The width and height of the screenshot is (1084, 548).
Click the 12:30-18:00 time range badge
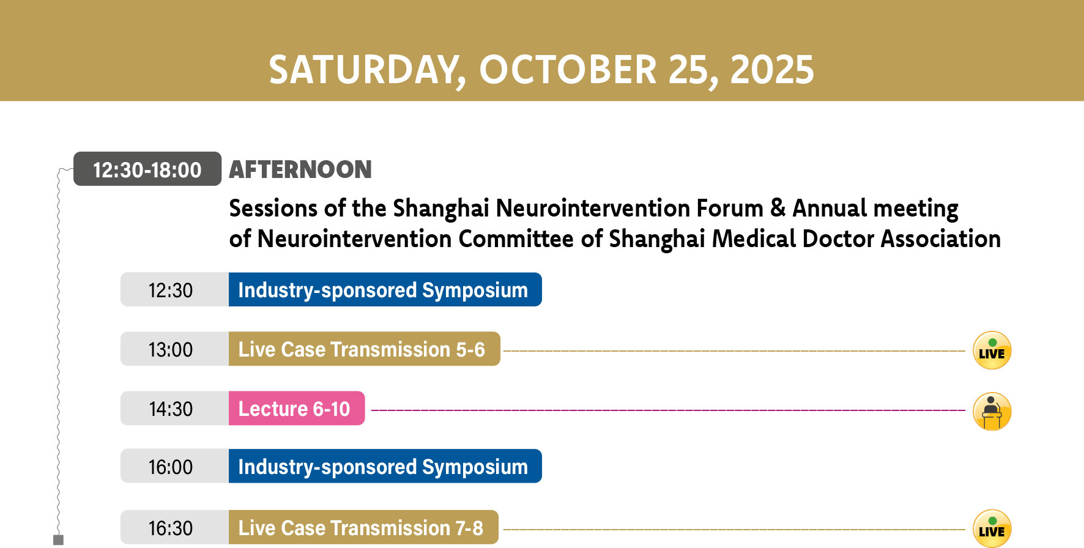click(147, 169)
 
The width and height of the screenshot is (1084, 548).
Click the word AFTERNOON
click(300, 169)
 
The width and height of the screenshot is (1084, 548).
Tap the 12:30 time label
click(171, 290)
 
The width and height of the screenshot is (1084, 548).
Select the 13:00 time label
click(171, 349)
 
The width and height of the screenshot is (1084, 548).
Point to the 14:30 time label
click(171, 409)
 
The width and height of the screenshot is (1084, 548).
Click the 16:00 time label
click(171, 467)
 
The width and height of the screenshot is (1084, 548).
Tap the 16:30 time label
click(171, 528)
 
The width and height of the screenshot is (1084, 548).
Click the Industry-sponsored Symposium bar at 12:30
click(385, 289)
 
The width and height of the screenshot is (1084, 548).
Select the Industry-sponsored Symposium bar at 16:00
click(385, 466)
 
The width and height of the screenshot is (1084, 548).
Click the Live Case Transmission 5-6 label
click(365, 349)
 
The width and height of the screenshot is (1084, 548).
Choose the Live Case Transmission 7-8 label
click(363, 527)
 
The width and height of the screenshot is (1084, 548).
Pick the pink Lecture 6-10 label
click(297, 408)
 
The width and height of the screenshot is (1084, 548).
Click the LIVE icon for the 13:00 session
click(992, 350)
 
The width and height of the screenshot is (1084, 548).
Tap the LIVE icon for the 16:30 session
click(992, 528)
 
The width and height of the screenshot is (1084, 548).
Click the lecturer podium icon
click(992, 411)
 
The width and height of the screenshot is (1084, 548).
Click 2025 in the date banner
click(772, 69)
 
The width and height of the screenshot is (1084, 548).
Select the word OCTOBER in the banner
click(568, 69)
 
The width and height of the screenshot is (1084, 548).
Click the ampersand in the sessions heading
click(778, 208)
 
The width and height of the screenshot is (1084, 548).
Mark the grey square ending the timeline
click(59, 539)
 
